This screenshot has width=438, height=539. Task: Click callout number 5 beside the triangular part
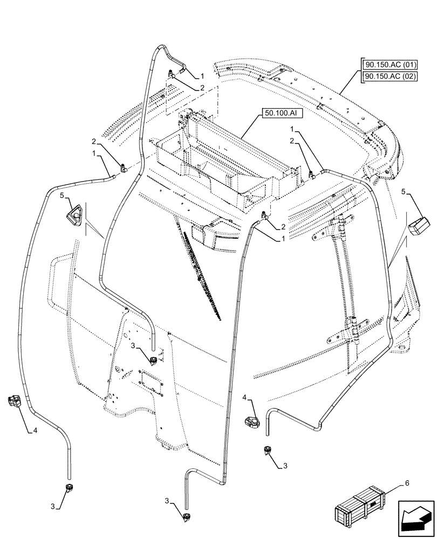(63, 196)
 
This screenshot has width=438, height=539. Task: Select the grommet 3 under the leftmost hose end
(69, 488)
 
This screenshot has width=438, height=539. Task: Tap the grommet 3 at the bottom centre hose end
(187, 517)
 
